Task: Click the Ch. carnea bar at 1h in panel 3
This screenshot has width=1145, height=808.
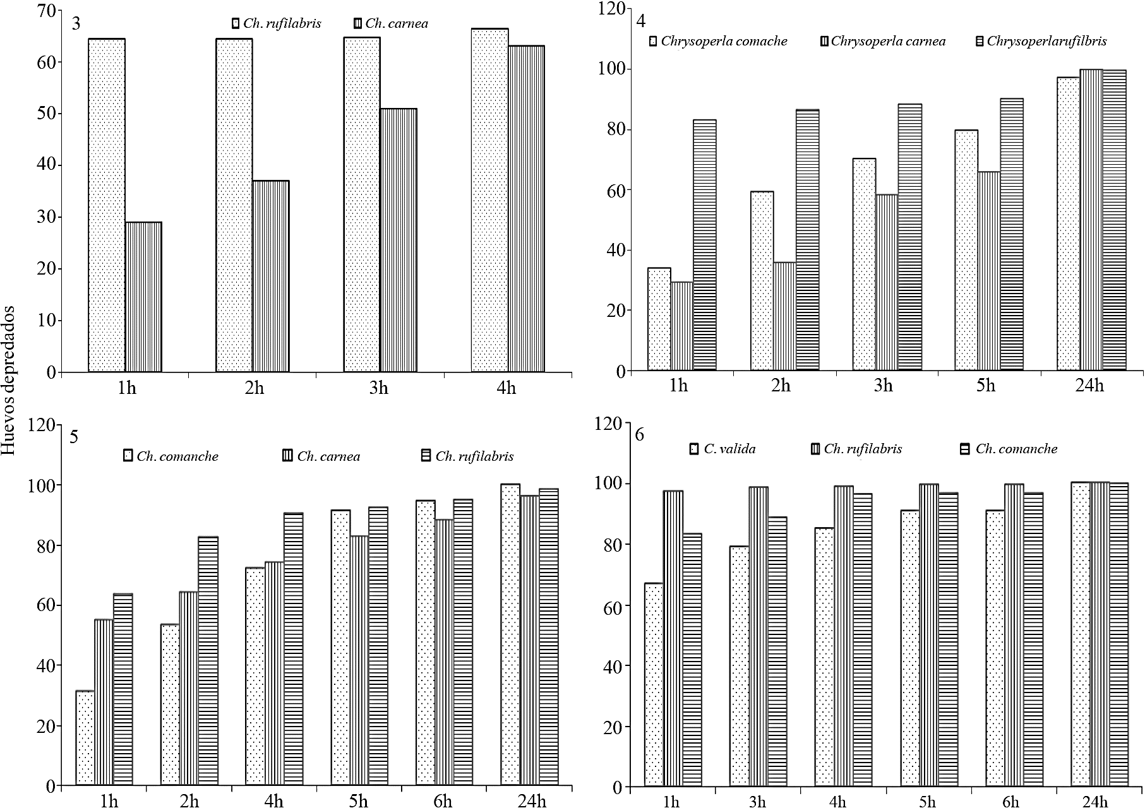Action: pos(143,297)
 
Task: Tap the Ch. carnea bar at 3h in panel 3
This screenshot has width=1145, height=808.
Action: pos(398,240)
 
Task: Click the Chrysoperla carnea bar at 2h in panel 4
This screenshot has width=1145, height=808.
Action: pos(784,316)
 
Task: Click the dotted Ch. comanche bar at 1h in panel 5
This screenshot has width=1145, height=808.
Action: pos(85,738)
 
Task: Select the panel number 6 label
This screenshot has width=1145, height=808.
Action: pos(640,435)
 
